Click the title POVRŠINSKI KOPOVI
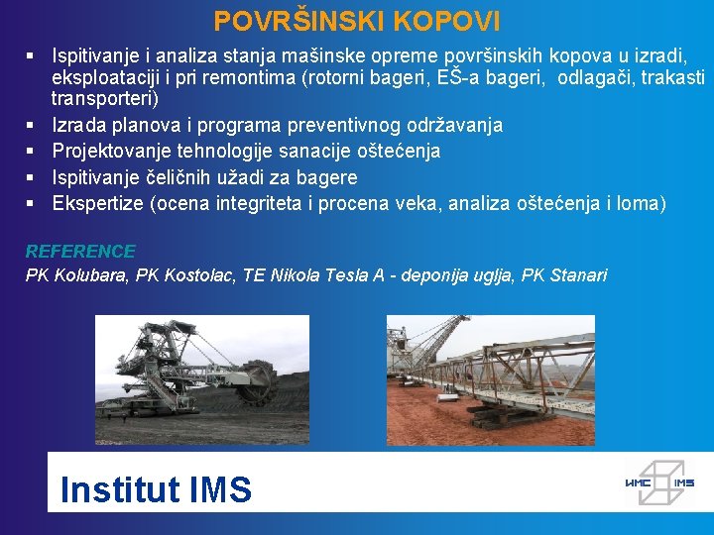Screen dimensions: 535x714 [357, 21]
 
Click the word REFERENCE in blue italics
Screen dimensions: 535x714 [80, 252]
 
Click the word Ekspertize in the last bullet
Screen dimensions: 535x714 [97, 203]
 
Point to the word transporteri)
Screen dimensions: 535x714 [105, 99]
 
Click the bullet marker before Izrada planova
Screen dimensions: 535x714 [31, 125]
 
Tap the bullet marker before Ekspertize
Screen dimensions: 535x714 [31, 203]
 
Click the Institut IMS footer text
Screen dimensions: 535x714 [156, 489]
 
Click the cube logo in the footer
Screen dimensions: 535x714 [658, 481]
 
